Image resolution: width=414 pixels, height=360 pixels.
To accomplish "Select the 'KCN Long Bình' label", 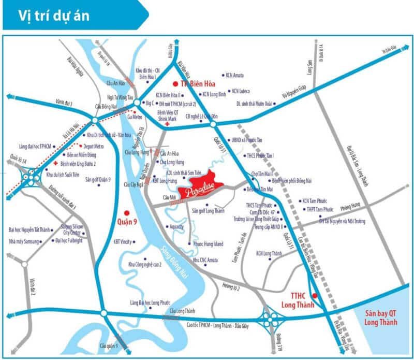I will (x=214, y=95).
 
